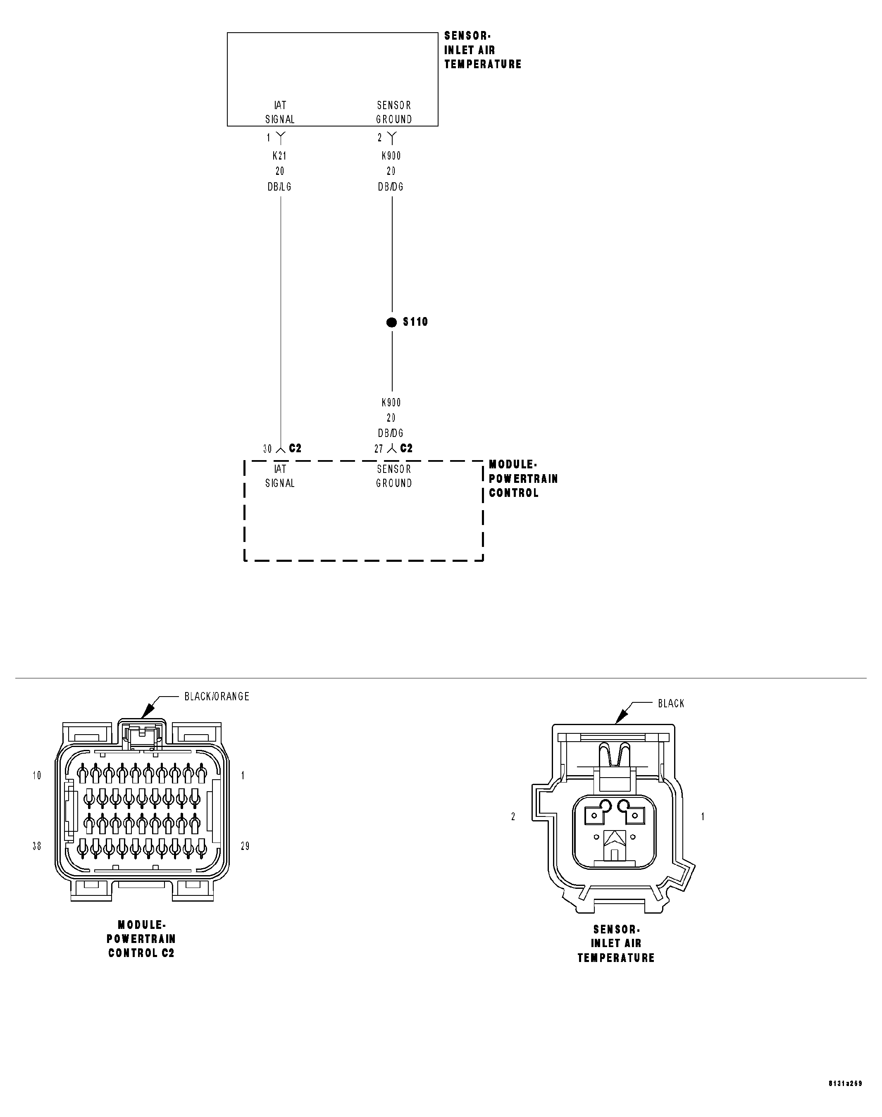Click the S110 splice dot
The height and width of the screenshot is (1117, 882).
click(x=391, y=322)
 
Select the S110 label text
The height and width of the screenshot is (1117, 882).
click(x=415, y=322)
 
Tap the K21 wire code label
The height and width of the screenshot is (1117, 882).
click(x=279, y=155)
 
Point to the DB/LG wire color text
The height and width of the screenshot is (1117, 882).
click(x=279, y=187)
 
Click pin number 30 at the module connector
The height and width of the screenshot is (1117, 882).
click(x=267, y=449)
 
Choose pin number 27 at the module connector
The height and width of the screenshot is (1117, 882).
click(x=379, y=449)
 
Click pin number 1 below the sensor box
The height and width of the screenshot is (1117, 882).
click(x=269, y=138)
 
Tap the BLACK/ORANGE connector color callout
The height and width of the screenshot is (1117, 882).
click(x=217, y=697)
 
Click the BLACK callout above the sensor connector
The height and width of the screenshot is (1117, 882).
click(x=671, y=703)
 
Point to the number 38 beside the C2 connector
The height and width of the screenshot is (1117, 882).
click(x=37, y=846)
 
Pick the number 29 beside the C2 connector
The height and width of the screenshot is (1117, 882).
click(x=245, y=846)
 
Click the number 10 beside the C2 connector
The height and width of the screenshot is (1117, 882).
click(x=37, y=775)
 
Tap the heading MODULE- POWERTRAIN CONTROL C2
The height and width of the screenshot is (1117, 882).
click(x=141, y=939)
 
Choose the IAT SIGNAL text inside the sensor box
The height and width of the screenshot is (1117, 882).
click(x=280, y=112)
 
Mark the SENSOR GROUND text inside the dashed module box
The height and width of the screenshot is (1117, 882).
click(x=394, y=476)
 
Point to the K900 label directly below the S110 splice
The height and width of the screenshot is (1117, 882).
click(x=391, y=402)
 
